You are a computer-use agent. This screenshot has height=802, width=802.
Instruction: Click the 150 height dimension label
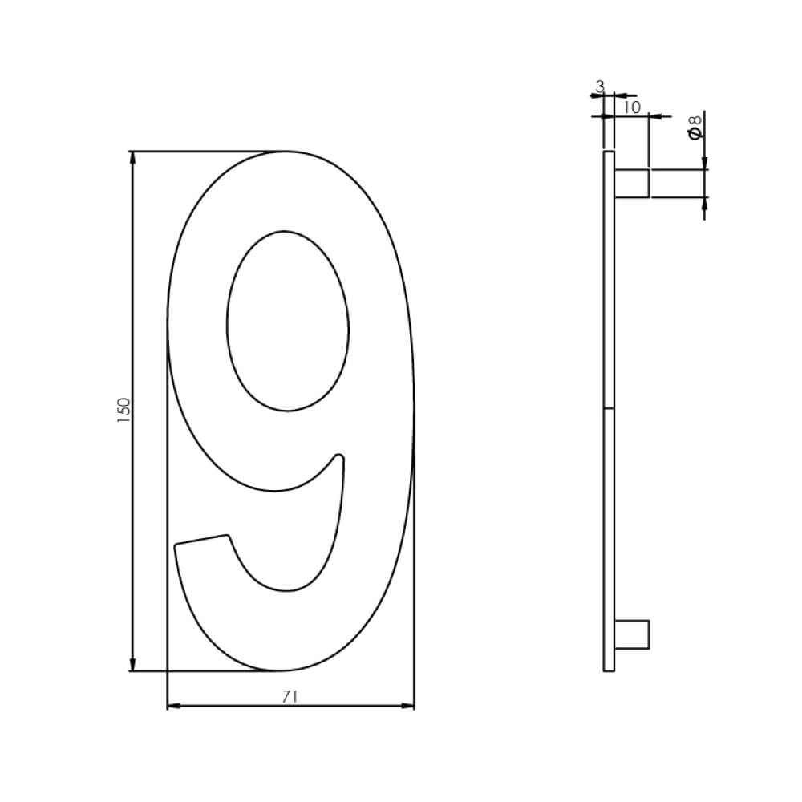click(124, 411)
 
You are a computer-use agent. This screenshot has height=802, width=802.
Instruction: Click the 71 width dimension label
click(290, 697)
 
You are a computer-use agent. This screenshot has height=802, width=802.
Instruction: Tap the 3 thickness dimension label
click(600, 85)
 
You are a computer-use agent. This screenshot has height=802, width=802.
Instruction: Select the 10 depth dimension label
click(630, 107)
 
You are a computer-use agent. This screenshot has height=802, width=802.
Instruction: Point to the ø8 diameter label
click(695, 127)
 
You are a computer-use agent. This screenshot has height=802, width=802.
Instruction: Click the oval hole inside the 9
click(288, 321)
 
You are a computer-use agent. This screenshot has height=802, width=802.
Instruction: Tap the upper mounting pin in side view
click(632, 183)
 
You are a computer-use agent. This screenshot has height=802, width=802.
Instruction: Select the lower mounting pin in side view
click(632, 634)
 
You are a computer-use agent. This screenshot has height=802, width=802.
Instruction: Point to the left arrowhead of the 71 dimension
click(174, 707)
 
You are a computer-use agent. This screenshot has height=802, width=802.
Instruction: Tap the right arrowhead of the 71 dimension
click(407, 707)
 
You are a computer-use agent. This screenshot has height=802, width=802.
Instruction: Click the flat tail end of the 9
click(200, 540)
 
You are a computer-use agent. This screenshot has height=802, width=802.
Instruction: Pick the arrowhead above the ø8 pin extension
click(704, 163)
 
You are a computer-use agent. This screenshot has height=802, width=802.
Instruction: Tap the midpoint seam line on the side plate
click(608, 409)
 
